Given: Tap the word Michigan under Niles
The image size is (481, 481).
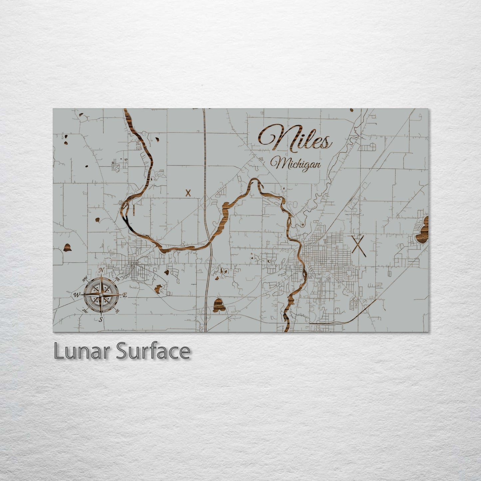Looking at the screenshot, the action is (295, 163).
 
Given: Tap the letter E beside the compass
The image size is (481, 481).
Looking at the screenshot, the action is (125, 295).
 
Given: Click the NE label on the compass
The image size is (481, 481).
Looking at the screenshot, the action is (117, 278).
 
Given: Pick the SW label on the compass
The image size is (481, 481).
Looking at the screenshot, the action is (85, 311).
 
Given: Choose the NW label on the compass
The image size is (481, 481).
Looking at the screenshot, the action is (85, 278).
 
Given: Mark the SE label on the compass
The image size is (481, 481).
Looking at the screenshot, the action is (117, 311).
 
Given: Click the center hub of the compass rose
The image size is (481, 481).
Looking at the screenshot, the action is (101, 295).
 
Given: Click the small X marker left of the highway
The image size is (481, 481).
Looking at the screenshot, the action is (188, 193).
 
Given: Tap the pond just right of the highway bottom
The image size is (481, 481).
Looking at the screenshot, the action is (219, 305).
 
